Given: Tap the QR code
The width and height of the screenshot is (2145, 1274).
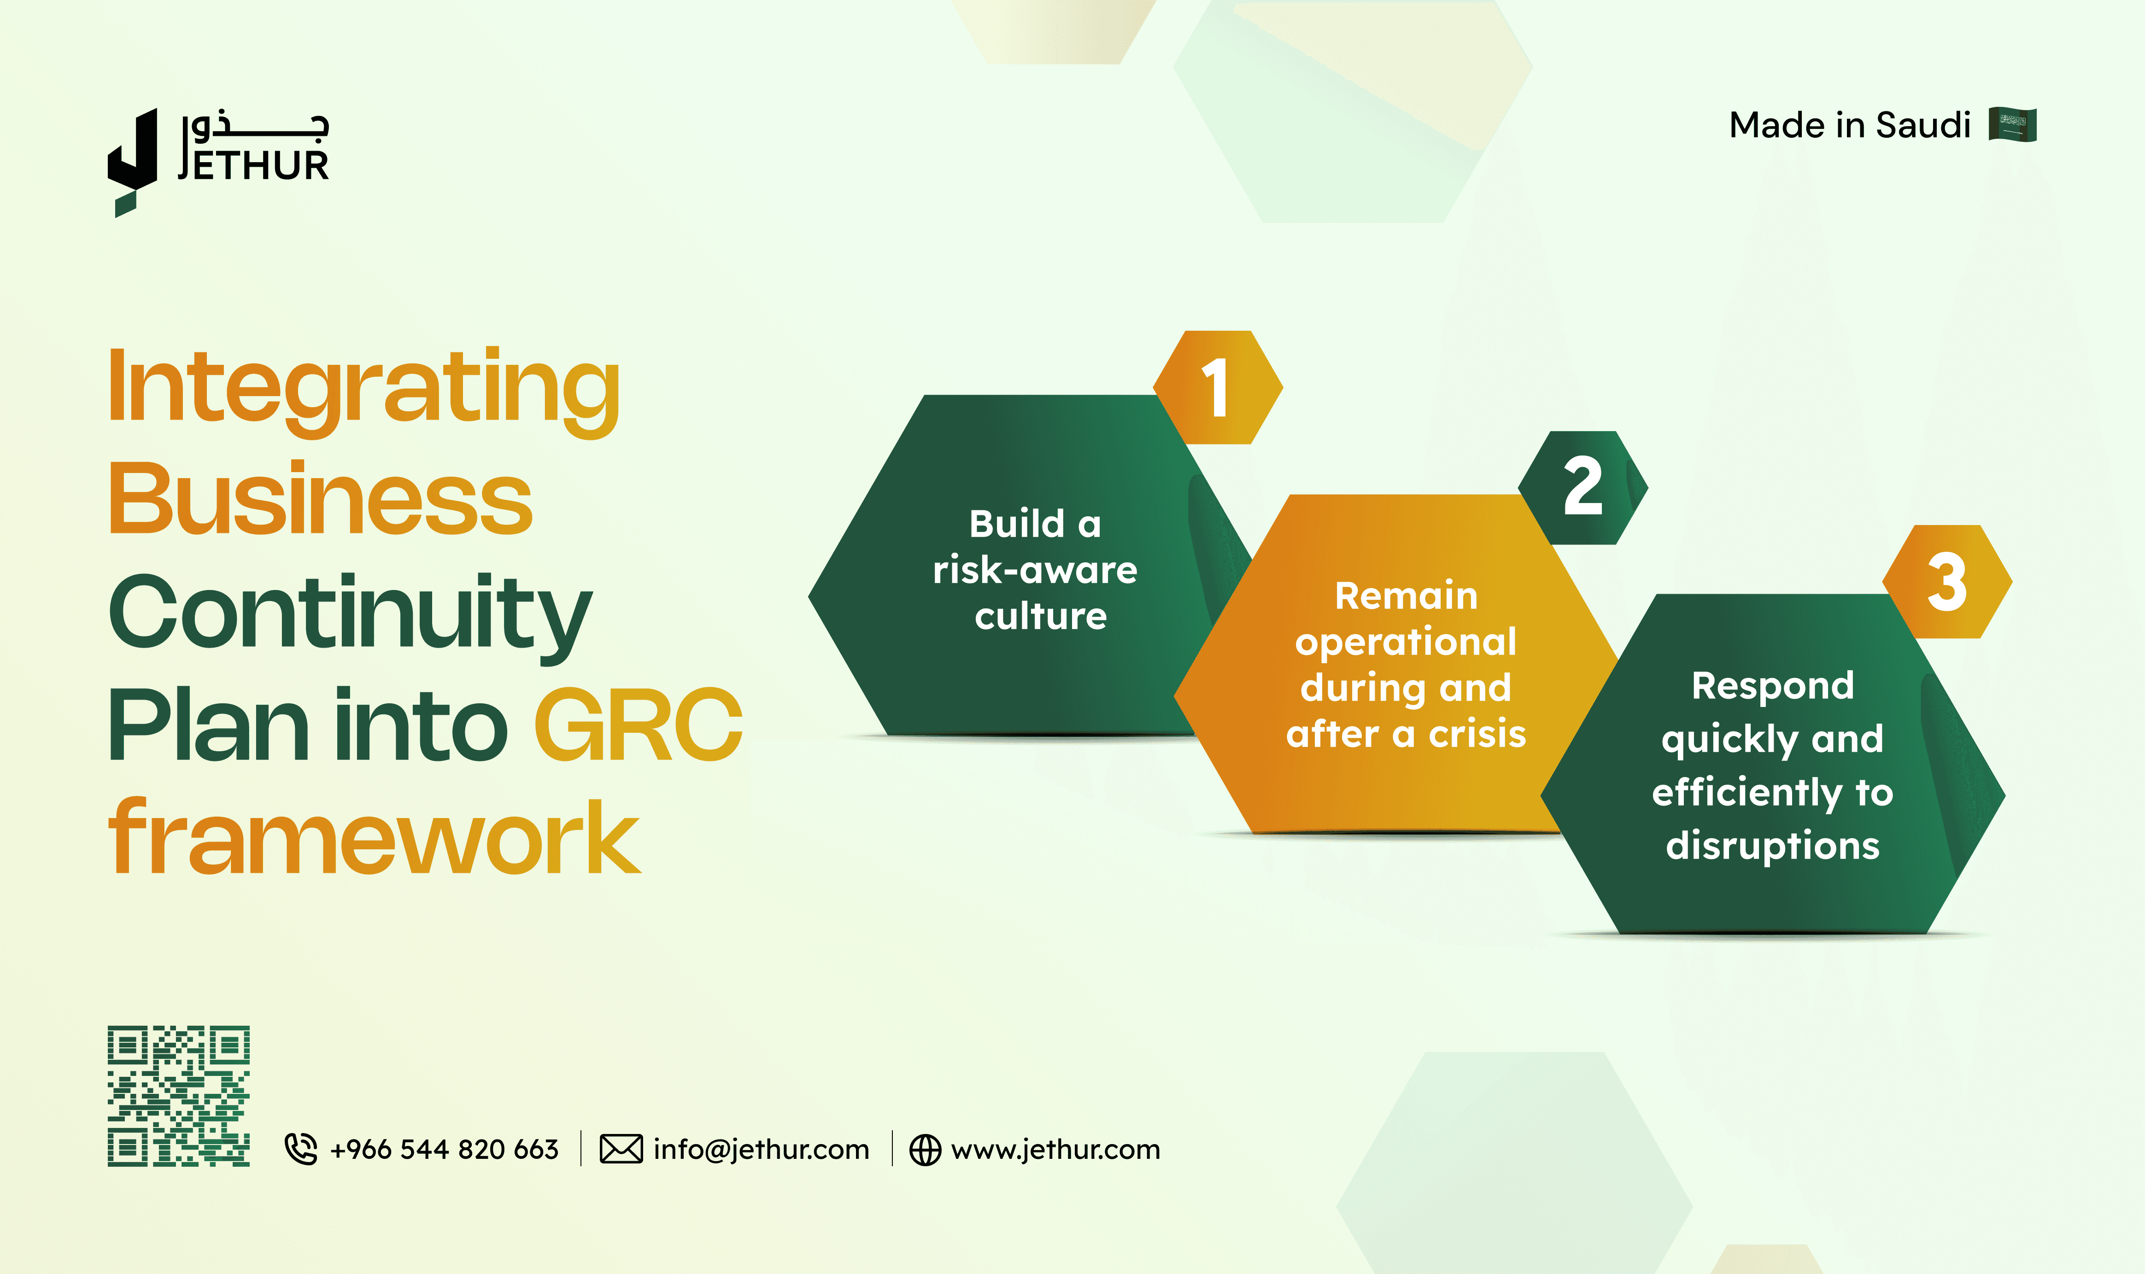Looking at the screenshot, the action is click(x=179, y=1095).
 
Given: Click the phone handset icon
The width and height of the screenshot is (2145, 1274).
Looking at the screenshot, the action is click(x=300, y=1149).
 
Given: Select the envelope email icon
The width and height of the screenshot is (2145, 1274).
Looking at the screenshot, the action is click(x=621, y=1149).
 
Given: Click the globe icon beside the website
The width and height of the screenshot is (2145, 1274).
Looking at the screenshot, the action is click(x=925, y=1150).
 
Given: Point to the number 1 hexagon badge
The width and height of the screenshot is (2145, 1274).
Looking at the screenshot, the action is click(x=1218, y=387).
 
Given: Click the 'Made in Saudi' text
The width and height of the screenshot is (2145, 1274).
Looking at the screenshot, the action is click(x=1850, y=125).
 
